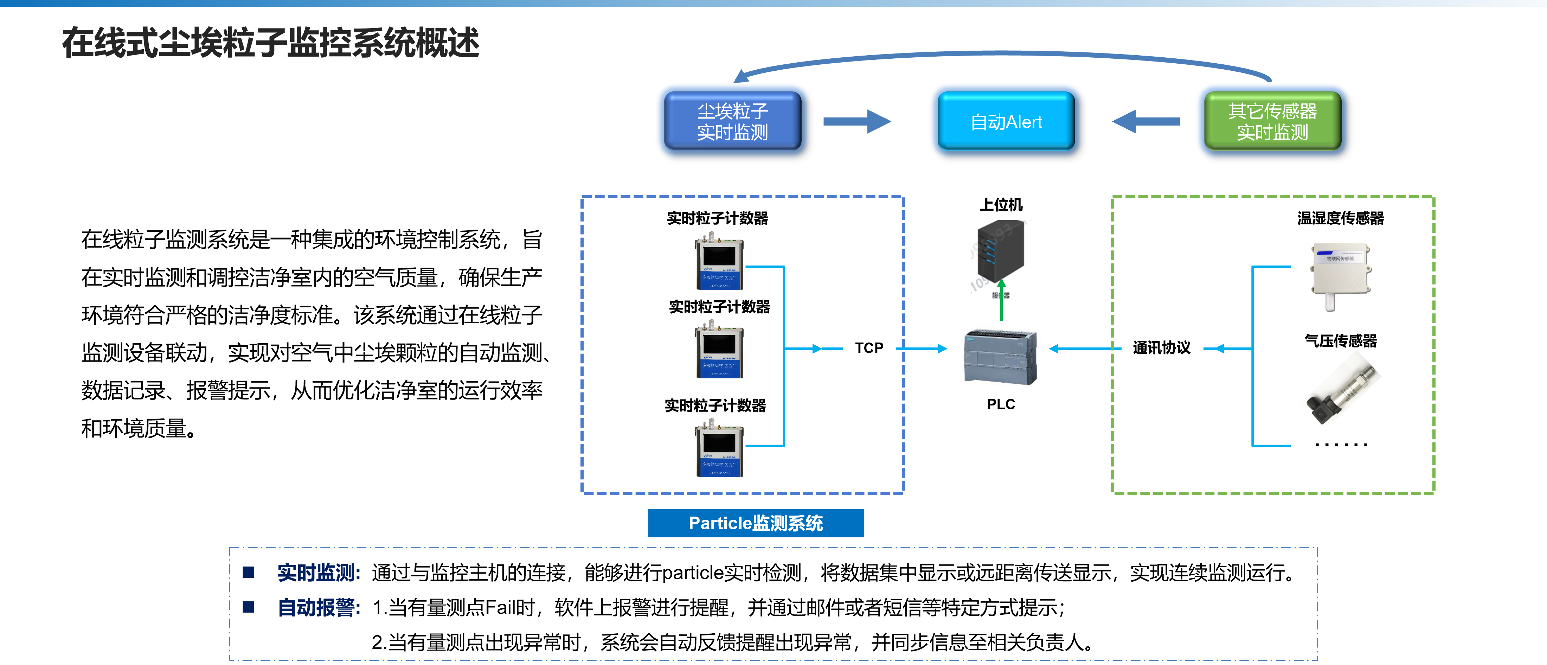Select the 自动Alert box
click(1006, 121)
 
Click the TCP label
click(869, 348)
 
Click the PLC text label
click(1001, 404)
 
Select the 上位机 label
click(1001, 205)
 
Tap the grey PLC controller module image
click(1001, 357)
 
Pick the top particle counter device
click(719, 261)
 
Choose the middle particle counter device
click(719, 350)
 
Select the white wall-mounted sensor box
click(1340, 273)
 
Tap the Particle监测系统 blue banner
click(756, 523)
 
